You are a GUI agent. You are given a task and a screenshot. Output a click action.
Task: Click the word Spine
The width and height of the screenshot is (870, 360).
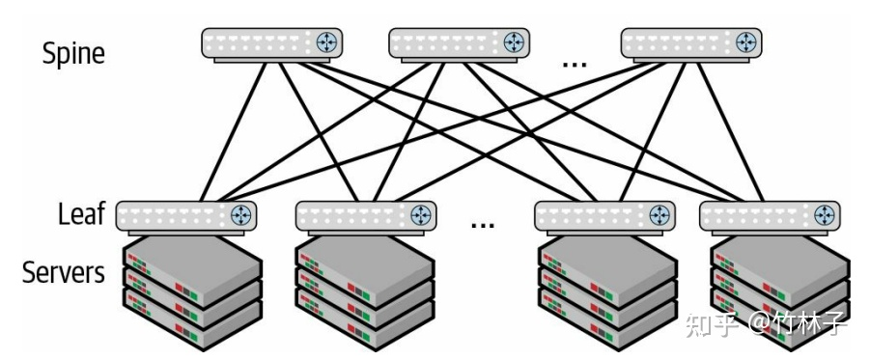click(73, 53)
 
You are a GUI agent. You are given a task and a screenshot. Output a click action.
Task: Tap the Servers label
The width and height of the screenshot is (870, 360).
click(63, 273)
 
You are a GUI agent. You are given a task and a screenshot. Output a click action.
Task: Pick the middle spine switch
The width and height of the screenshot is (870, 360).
click(460, 43)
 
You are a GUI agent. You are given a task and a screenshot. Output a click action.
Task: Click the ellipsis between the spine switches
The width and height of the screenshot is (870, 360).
click(575, 63)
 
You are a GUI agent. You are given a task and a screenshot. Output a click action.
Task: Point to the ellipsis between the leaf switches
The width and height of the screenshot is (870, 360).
click(482, 225)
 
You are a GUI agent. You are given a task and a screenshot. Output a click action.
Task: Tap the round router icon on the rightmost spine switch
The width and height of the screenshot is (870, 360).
click(745, 42)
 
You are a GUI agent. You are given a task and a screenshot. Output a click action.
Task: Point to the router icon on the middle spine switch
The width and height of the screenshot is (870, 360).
click(514, 42)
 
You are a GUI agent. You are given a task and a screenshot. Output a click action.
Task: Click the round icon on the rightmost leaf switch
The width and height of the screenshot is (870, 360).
click(824, 214)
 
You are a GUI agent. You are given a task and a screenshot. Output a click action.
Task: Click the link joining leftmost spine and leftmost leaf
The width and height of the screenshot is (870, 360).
click(232, 130)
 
